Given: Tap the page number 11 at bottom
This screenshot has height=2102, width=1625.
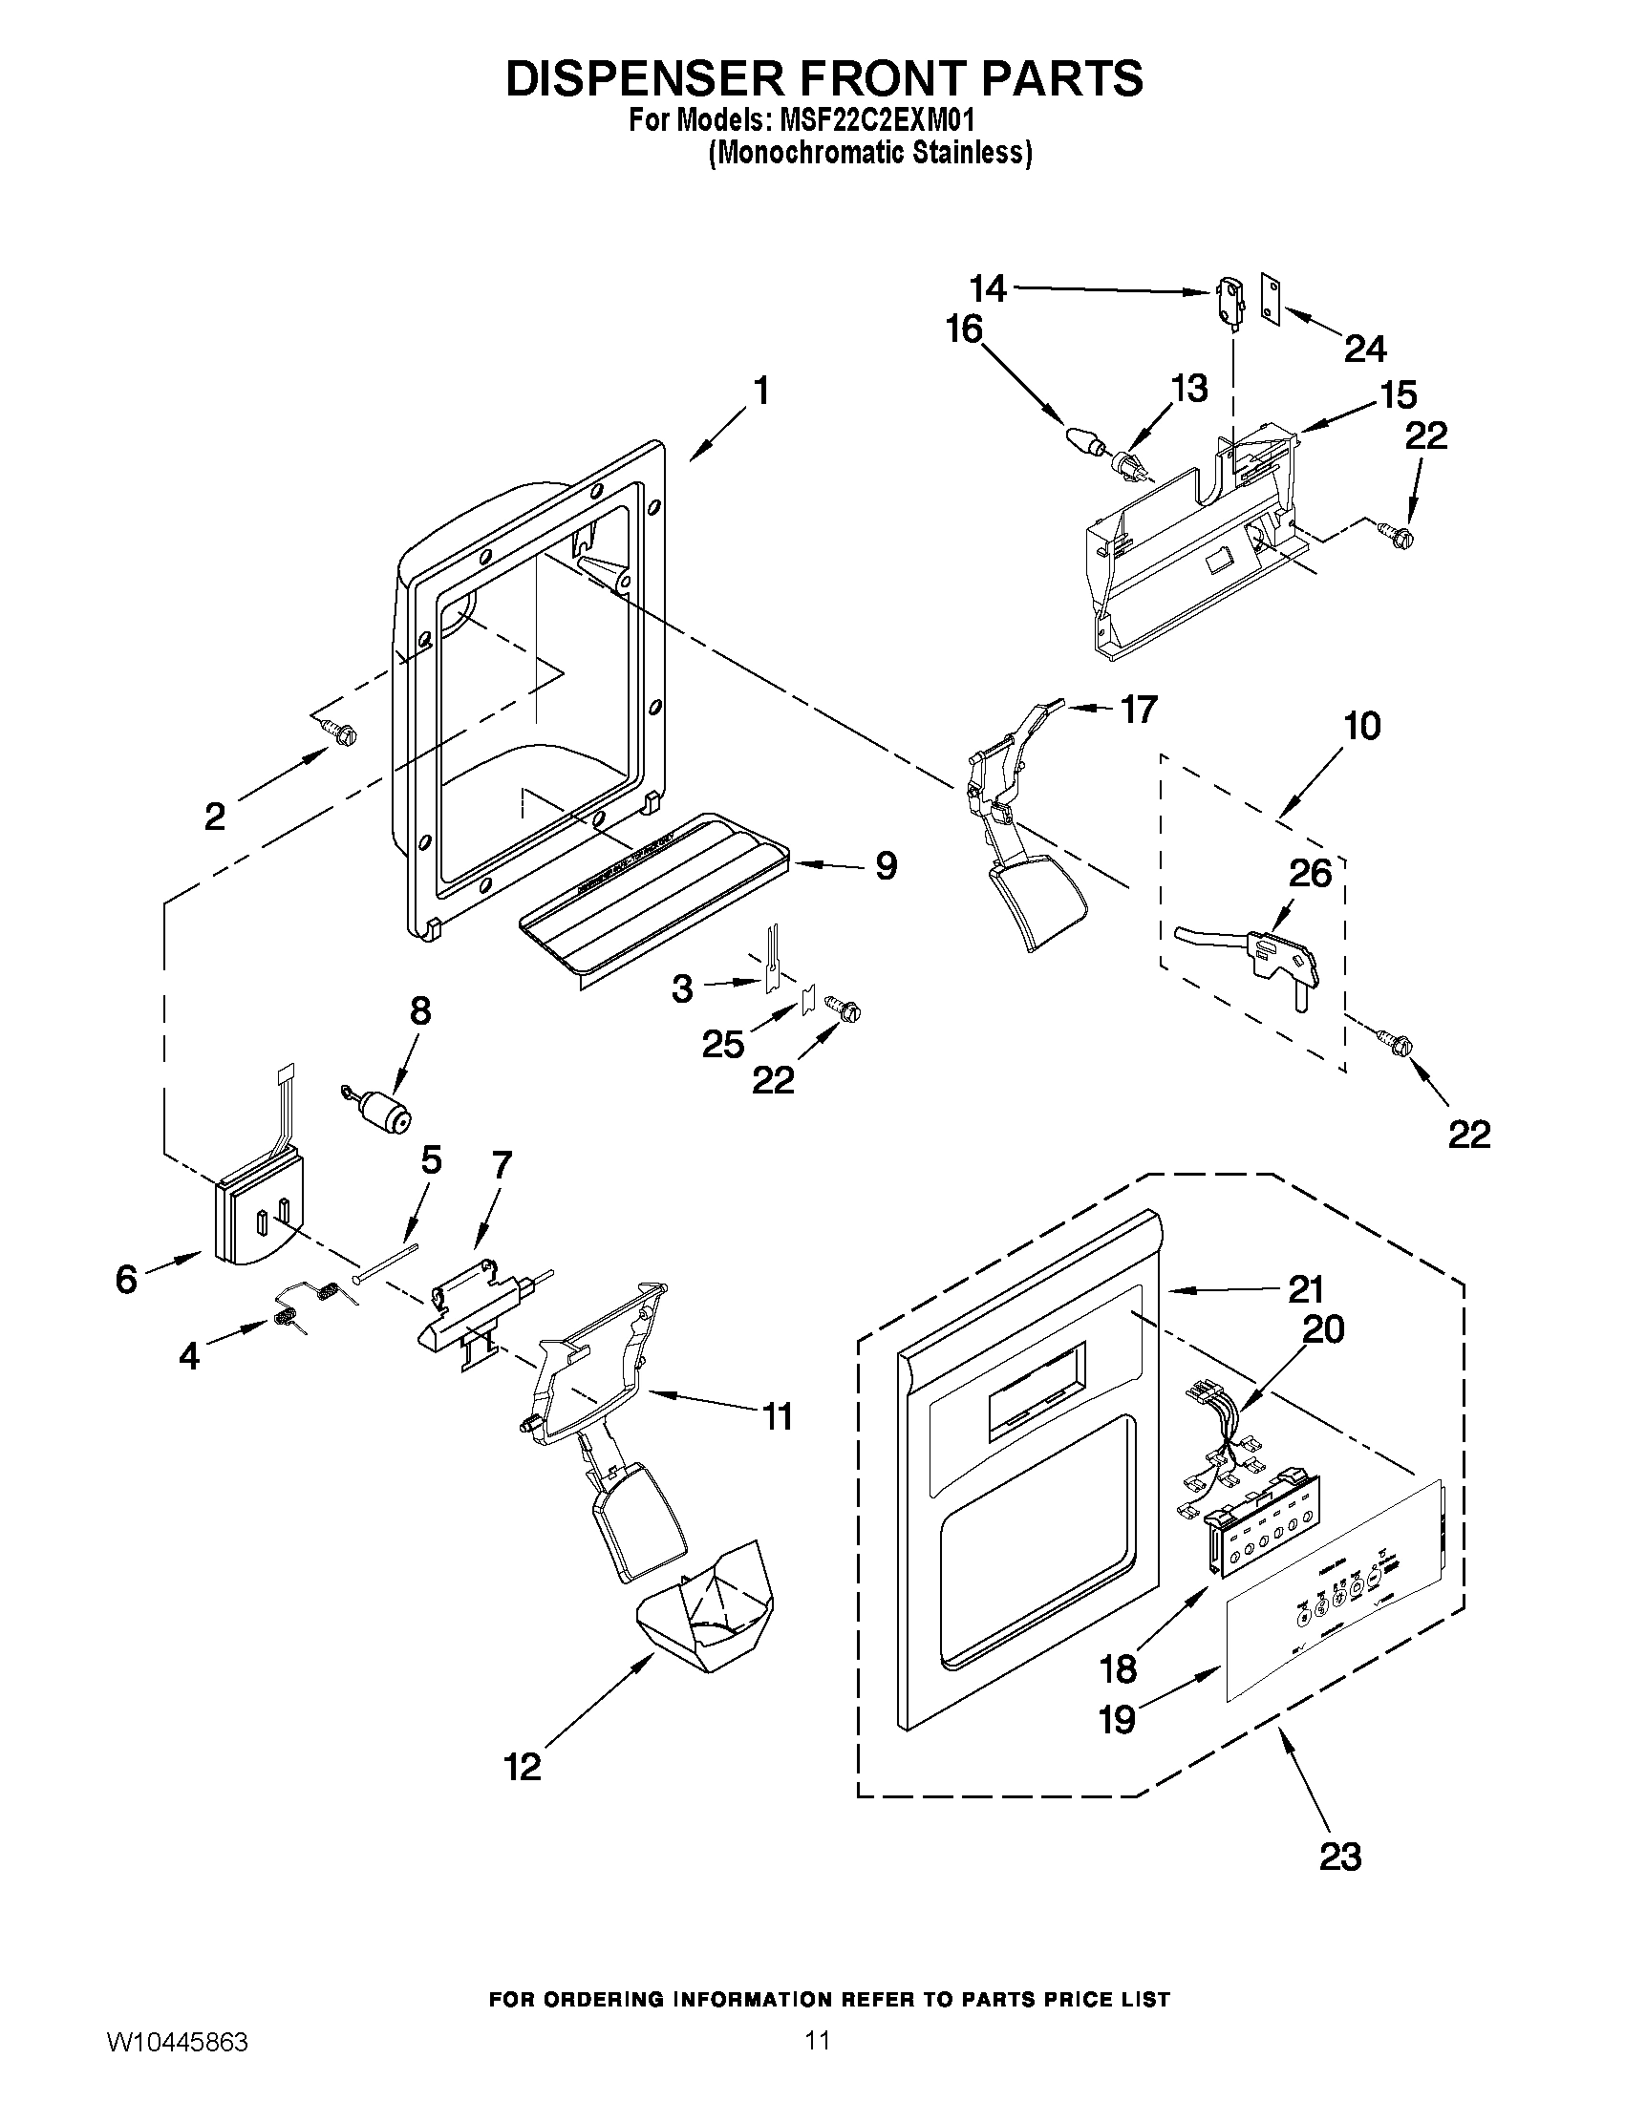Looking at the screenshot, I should pos(818,2061).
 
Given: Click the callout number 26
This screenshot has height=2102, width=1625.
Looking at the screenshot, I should pos(1309,873).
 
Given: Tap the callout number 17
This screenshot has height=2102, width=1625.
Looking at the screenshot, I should pos(1138,710).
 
